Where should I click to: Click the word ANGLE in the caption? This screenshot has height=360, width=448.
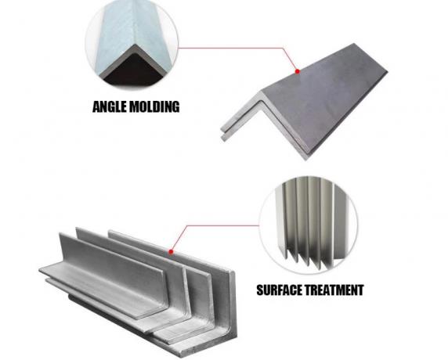point(110,106)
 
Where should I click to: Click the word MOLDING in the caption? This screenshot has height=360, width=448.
point(154,106)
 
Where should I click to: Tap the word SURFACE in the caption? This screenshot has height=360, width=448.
point(280,290)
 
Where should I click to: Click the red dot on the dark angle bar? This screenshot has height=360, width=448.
point(298,71)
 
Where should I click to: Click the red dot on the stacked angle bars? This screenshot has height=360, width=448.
point(171,251)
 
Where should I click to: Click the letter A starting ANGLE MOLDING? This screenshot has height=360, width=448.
point(97,106)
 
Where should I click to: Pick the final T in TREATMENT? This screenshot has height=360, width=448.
point(359,290)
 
